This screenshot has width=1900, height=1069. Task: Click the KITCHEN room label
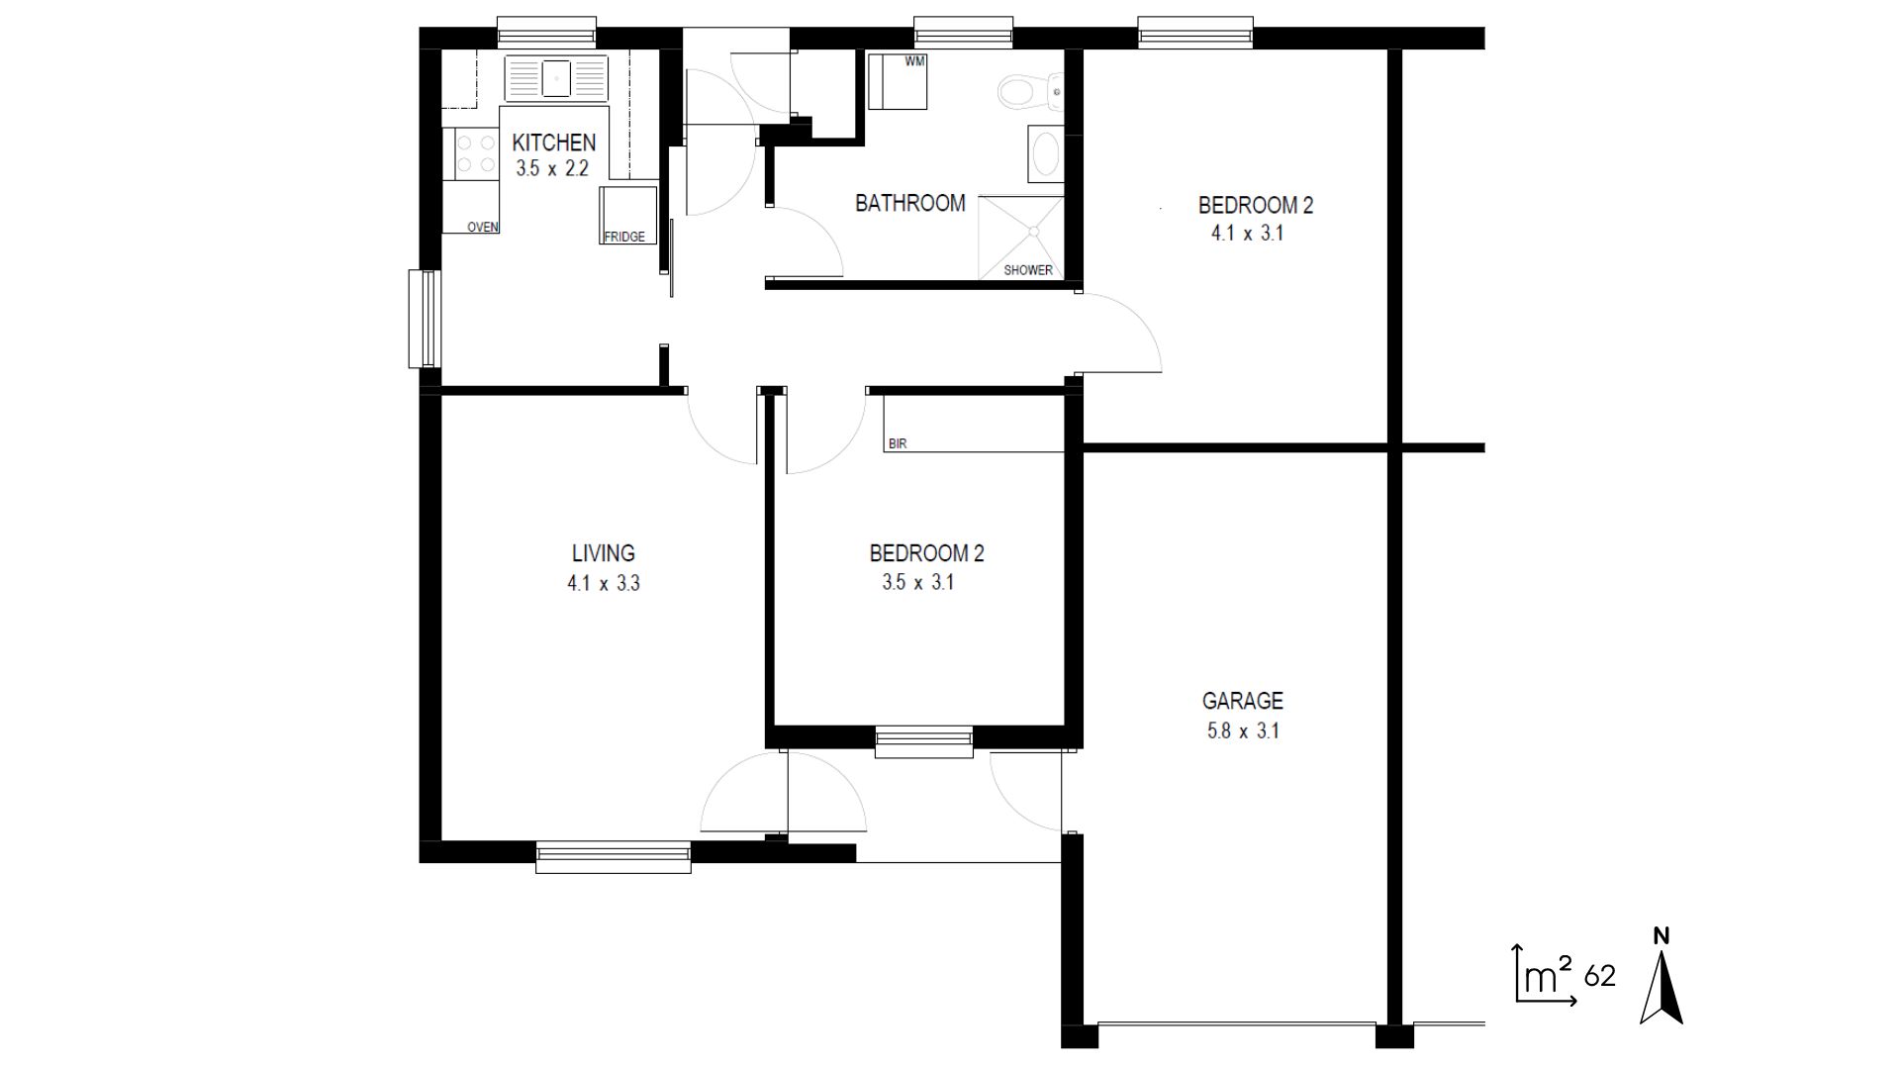pyautogui.click(x=553, y=143)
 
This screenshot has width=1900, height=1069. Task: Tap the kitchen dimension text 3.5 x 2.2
pyautogui.click(x=552, y=168)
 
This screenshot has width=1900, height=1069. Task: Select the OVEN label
pyautogui.click(x=482, y=227)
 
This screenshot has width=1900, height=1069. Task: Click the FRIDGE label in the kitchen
pyautogui.click(x=624, y=237)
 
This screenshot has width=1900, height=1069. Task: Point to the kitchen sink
pyautogui.click(x=555, y=77)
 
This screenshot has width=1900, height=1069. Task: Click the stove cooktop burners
pyautogui.click(x=476, y=154)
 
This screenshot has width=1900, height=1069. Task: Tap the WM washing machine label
pyautogui.click(x=915, y=61)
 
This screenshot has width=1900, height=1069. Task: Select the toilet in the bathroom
pyautogui.click(x=1019, y=93)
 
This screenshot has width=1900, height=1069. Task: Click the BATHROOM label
pyautogui.click(x=909, y=203)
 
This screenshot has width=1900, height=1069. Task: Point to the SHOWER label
pyautogui.click(x=1028, y=270)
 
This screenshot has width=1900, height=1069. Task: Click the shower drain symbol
pyautogui.click(x=1034, y=232)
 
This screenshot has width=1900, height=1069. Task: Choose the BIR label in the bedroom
pyautogui.click(x=898, y=444)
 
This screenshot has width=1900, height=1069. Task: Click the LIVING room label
pyautogui.click(x=603, y=553)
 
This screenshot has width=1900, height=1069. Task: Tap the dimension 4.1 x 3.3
pyautogui.click(x=603, y=584)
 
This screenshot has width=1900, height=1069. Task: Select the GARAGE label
pyautogui.click(x=1242, y=701)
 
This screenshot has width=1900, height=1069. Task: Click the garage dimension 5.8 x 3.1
pyautogui.click(x=1242, y=731)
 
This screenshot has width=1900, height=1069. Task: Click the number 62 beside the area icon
pyautogui.click(x=1599, y=977)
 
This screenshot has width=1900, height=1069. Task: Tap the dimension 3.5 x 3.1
pyautogui.click(x=917, y=583)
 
